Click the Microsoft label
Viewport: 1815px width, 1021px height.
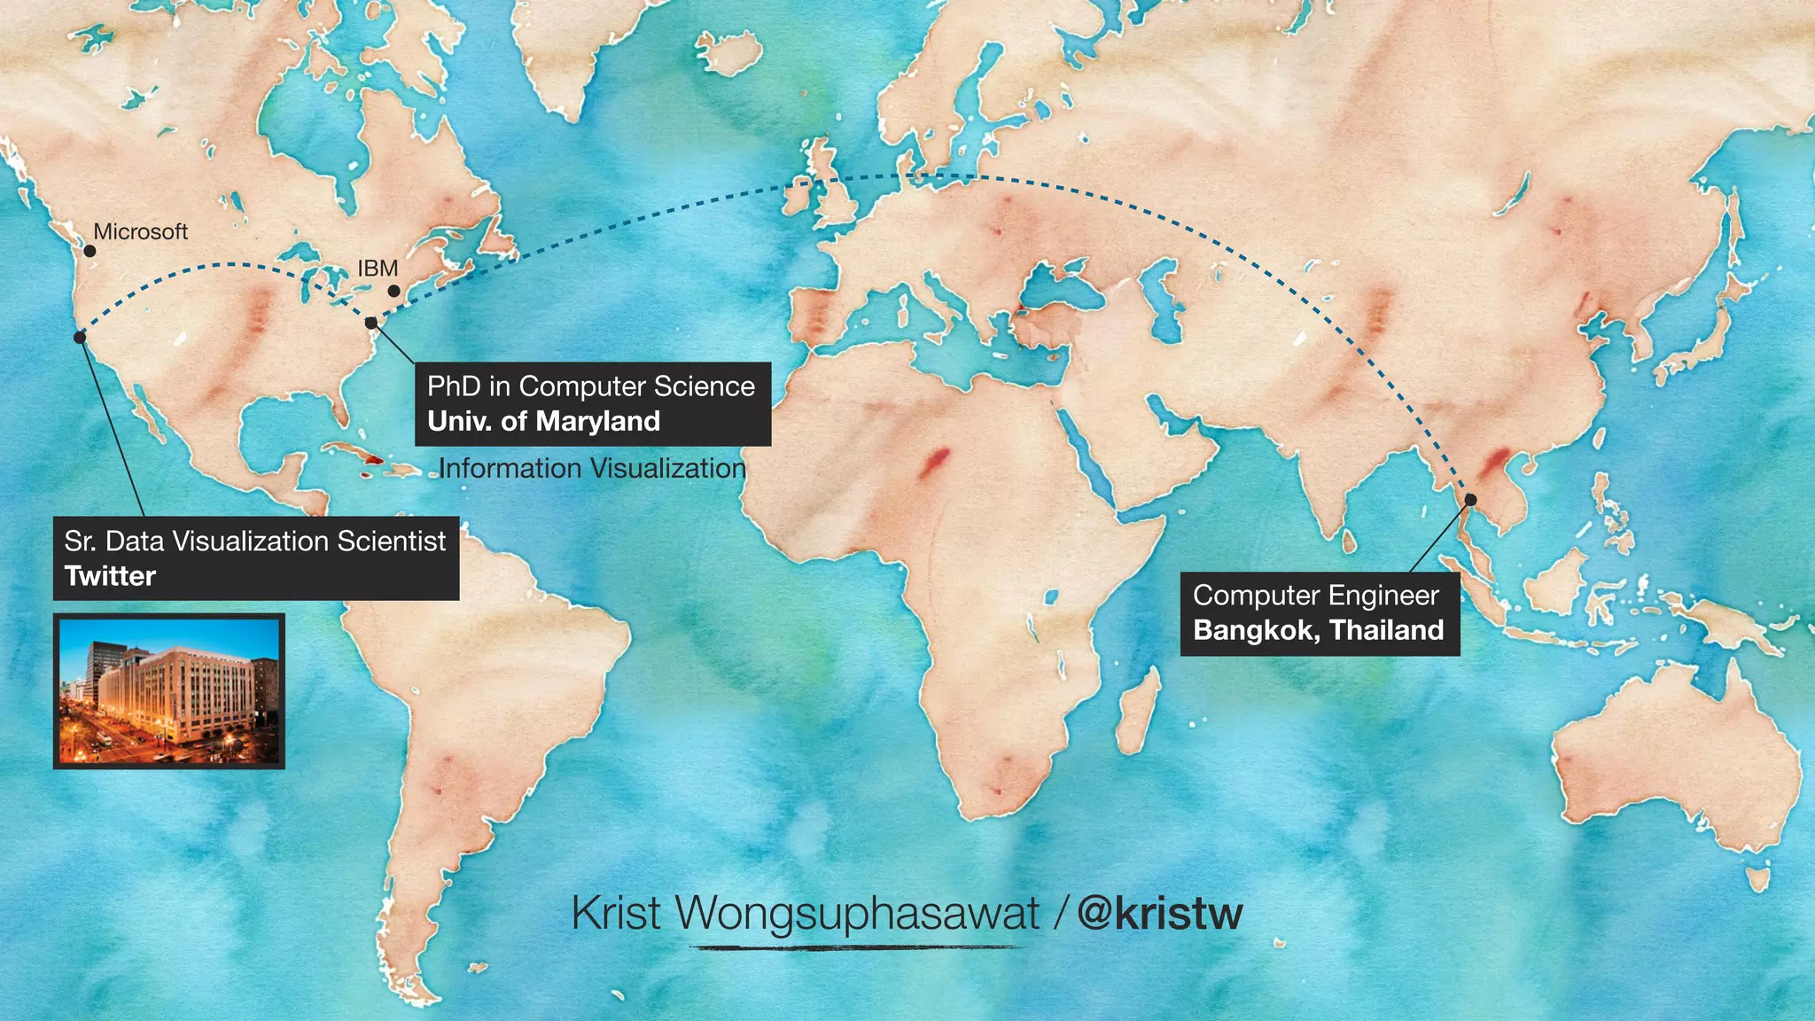click(x=141, y=232)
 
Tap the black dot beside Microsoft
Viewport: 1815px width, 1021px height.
click(x=90, y=252)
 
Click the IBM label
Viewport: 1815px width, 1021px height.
click(x=378, y=269)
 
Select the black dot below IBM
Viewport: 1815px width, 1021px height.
click(x=394, y=291)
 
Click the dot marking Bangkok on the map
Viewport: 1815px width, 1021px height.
click(x=1470, y=500)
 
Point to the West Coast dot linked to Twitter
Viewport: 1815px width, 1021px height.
click(x=80, y=337)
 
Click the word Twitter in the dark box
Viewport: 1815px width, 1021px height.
click(x=110, y=576)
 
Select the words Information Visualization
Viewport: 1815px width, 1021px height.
click(x=592, y=468)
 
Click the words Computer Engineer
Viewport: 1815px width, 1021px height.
click(x=1316, y=596)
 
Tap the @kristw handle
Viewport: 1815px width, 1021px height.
click(x=1160, y=913)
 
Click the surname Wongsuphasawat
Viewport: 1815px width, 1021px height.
click(x=857, y=913)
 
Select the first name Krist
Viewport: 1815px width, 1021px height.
click(x=616, y=913)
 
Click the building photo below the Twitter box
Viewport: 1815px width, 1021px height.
click(x=169, y=691)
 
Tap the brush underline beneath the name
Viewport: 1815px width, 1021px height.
click(x=857, y=947)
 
